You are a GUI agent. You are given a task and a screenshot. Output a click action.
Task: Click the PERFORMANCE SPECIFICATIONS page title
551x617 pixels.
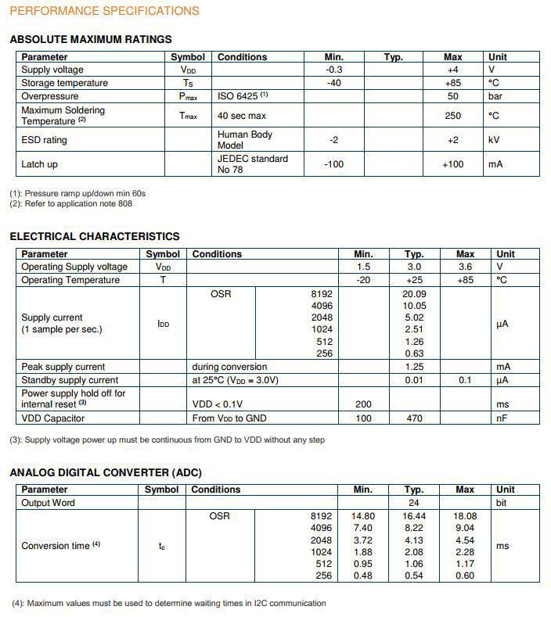click(x=104, y=11)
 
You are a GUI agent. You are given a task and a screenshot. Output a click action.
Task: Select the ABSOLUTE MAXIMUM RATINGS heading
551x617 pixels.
click(x=91, y=39)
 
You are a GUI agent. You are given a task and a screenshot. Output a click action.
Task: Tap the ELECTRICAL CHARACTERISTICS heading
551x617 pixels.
click(x=95, y=236)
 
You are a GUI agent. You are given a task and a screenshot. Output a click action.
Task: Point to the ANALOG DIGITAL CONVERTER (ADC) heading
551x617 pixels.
click(x=106, y=472)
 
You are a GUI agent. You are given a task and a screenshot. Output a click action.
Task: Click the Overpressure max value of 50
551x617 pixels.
click(x=452, y=96)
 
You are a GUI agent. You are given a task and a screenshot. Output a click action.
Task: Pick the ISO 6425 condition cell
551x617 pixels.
click(x=243, y=96)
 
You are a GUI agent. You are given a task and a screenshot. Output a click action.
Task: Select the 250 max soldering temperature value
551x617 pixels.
click(x=452, y=116)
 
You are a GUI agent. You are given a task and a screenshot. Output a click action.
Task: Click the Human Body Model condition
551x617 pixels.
click(x=245, y=140)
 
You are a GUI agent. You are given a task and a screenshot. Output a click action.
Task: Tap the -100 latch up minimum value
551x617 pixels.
click(x=333, y=164)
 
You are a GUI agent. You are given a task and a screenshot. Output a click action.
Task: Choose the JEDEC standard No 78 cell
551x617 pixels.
click(x=252, y=164)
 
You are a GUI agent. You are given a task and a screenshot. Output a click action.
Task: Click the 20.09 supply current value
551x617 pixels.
click(x=414, y=294)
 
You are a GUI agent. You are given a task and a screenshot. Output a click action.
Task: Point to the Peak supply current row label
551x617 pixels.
click(x=63, y=367)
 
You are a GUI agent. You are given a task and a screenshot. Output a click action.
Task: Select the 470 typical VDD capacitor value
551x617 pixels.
click(x=414, y=418)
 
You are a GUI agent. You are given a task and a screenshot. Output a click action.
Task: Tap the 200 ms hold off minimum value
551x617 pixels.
click(x=363, y=404)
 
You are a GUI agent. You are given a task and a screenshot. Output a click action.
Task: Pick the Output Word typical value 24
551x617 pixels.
click(x=414, y=503)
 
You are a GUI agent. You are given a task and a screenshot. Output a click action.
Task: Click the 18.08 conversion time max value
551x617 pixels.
click(x=465, y=516)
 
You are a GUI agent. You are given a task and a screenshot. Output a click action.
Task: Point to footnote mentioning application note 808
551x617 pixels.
click(x=71, y=204)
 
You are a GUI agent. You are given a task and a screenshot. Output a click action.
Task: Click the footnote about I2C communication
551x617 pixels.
click(x=168, y=603)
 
